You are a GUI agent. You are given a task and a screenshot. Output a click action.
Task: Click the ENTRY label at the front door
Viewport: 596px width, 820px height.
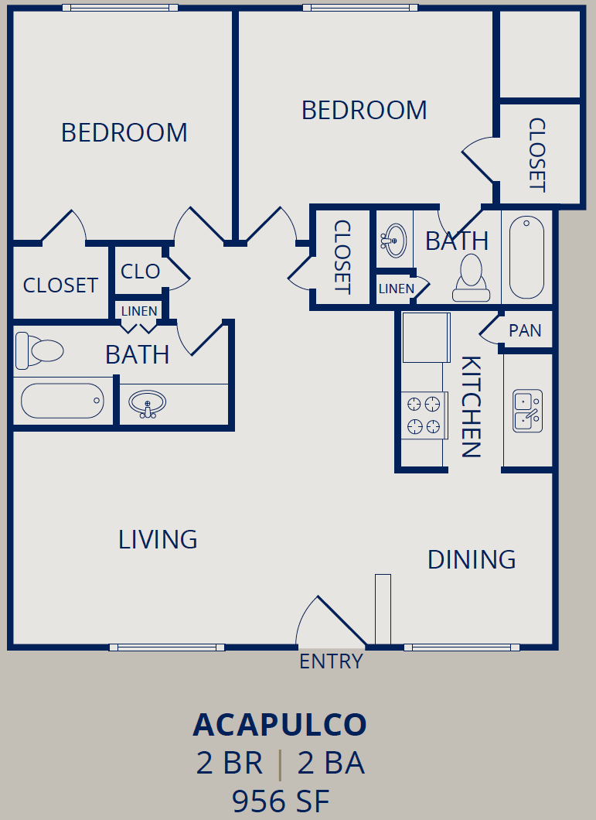click(331, 661)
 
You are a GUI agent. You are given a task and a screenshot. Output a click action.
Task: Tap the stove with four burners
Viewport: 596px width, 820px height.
click(424, 415)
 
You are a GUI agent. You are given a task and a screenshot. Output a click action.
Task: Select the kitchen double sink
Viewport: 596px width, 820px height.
click(527, 411)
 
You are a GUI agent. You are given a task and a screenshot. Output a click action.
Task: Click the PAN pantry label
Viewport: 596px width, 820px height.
click(525, 330)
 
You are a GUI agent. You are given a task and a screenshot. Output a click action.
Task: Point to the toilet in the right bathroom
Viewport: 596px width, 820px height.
click(471, 278)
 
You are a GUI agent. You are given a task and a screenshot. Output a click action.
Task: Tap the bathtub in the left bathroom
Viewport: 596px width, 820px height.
click(62, 401)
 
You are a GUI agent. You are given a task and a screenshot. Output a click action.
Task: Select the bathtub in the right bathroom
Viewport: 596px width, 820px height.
click(526, 258)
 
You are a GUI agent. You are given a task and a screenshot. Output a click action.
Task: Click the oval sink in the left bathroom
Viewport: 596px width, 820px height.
click(148, 404)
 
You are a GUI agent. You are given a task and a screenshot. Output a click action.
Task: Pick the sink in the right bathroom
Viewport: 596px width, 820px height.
click(394, 241)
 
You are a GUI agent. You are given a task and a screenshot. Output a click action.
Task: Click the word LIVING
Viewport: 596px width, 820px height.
click(158, 540)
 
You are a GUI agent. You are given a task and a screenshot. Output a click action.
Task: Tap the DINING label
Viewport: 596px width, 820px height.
click(472, 559)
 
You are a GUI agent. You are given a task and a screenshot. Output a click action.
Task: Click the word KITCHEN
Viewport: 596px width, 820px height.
click(471, 407)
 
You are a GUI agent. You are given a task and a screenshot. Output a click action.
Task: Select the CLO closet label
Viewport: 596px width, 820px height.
click(140, 272)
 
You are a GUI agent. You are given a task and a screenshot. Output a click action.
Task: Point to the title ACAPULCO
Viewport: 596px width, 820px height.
click(281, 725)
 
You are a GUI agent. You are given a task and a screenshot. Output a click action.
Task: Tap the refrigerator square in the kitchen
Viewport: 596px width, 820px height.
click(426, 338)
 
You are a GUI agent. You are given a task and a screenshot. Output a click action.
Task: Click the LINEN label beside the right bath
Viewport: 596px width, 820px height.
click(397, 289)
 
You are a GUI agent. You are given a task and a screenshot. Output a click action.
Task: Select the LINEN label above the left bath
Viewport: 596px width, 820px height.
click(139, 311)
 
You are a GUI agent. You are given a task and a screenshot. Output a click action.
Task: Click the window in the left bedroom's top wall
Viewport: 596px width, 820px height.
click(121, 8)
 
